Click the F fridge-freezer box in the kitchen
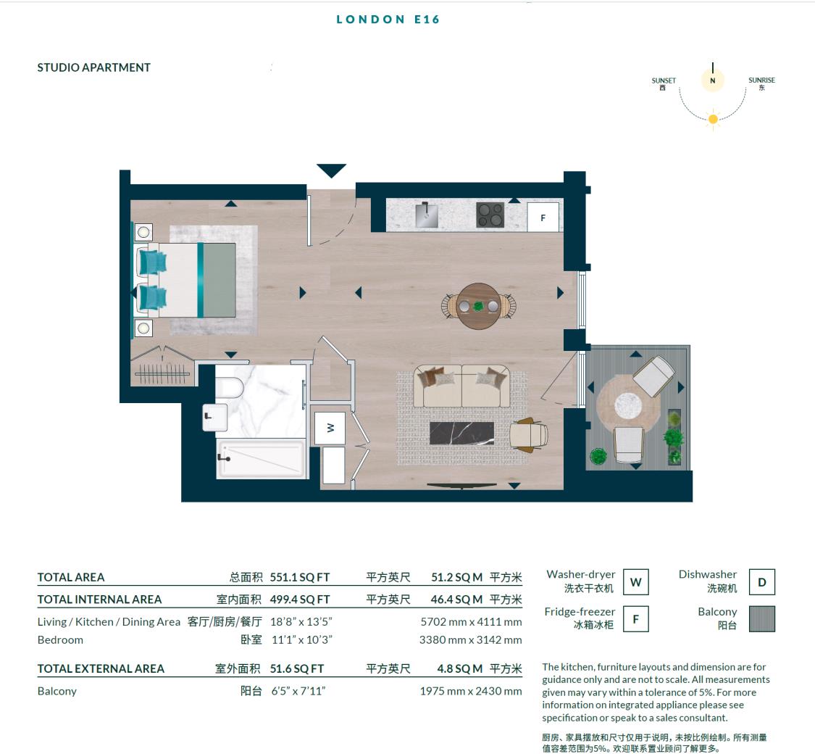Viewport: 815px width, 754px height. pos(543,217)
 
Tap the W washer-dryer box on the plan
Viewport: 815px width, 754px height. pos(330,428)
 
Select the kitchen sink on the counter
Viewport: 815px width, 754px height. pos(427,215)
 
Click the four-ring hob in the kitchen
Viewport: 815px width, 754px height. pos(490,215)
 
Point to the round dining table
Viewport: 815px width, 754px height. pos(478,306)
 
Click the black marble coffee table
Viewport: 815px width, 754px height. pos(461,434)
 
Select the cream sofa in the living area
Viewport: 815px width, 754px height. pos(461,386)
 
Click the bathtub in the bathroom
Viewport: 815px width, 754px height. pos(260,458)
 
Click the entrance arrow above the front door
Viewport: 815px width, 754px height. pos(331,171)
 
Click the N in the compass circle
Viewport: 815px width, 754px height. pos(712,80)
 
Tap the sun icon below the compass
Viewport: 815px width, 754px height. pos(713,119)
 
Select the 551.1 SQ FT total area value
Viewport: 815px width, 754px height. pos(300,577)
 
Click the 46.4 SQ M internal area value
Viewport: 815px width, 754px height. pos(456,599)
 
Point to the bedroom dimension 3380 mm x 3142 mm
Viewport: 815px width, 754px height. pos(470,639)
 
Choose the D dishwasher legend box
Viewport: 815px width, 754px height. pos(761,581)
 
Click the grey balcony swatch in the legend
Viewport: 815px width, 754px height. pos(761,619)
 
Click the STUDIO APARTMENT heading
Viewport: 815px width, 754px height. pos(94,67)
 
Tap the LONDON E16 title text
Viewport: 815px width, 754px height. pos(388,20)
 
